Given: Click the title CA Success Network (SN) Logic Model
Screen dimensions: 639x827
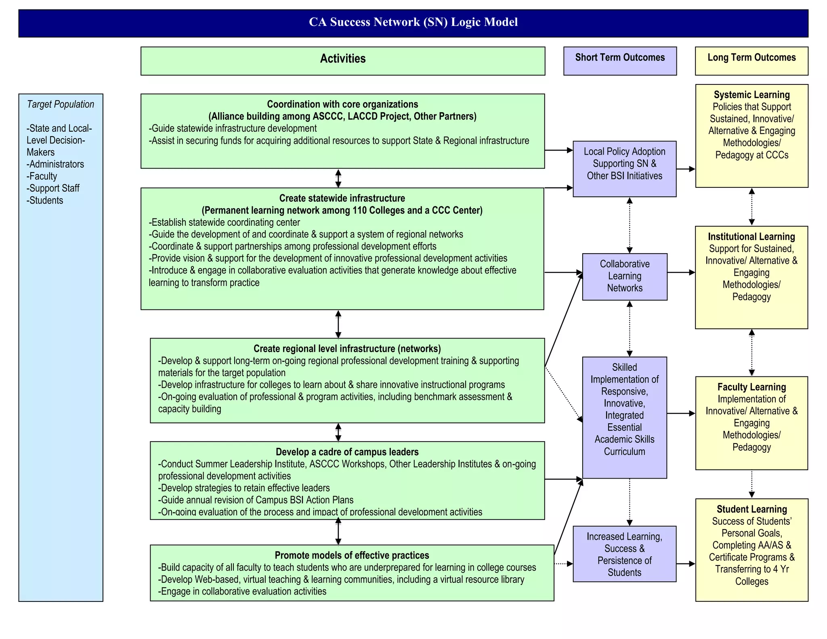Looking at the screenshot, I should coord(413,22).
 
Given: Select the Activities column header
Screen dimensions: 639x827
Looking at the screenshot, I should coord(342,59).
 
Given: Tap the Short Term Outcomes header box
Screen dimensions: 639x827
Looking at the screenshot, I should coord(620,58).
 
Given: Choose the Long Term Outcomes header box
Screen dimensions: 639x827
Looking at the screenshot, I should coord(751,58).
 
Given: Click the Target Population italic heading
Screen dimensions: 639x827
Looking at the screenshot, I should coord(60,105).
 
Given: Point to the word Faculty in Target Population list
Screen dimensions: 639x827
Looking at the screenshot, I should coord(43,177).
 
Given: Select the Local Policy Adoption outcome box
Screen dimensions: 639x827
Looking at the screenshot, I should coord(624,164).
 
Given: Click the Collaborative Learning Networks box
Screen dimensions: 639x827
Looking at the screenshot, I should coord(624,276).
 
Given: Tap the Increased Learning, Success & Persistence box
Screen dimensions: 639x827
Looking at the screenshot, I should coord(624,554).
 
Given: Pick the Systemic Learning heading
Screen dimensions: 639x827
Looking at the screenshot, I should coord(751,95).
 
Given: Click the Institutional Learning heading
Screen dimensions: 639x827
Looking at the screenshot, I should coord(751,237).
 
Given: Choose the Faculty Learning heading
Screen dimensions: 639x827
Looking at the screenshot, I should coord(751,387).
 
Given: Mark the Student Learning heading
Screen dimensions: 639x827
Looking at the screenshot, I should coord(751,509).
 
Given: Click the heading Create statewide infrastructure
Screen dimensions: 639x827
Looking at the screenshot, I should coord(342,198).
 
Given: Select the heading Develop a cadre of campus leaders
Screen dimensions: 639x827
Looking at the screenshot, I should coord(347,452).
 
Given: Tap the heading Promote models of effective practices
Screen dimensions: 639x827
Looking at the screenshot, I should coord(352,555).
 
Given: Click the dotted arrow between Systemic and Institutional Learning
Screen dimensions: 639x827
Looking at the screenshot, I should coord(751,207).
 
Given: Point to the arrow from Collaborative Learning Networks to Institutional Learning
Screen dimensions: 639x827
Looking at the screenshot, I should coord(681,273).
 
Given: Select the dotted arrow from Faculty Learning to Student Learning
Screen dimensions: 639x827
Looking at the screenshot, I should coord(751,484).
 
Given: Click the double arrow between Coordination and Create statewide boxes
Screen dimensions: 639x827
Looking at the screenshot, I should coord(338,179).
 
